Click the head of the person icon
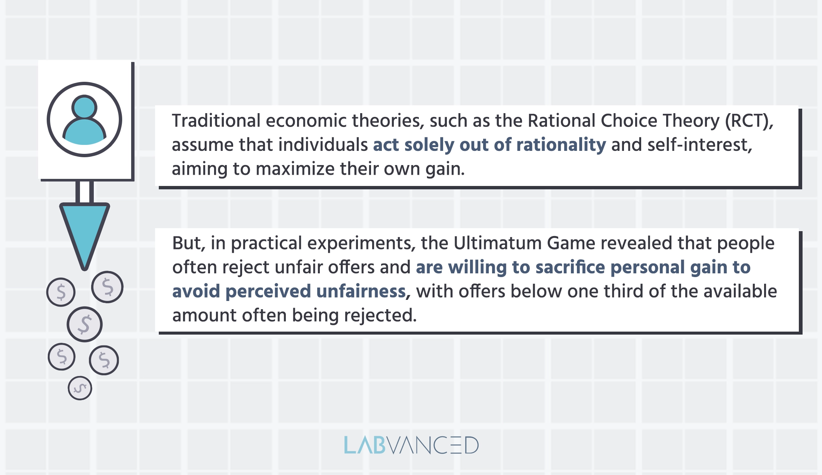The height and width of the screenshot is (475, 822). [x=84, y=107]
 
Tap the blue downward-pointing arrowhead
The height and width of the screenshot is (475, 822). [x=85, y=232]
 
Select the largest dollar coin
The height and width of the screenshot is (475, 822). [x=85, y=324]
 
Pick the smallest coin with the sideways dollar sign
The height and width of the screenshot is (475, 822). [x=80, y=388]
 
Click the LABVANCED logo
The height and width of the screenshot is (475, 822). [x=411, y=445]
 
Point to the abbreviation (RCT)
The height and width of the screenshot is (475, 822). [x=748, y=121]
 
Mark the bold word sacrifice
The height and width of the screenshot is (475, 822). [x=570, y=267]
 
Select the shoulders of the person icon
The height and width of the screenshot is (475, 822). [x=84, y=133]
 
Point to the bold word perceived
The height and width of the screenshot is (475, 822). [x=268, y=292]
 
